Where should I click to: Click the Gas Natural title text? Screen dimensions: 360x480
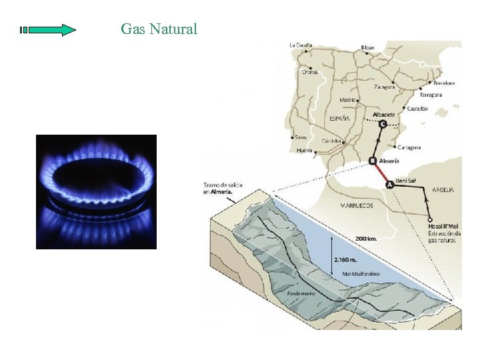[159, 29]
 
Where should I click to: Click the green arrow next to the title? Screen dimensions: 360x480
[48, 30]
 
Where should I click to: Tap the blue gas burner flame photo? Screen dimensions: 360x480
[96, 191]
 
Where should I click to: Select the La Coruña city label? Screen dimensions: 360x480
[300, 45]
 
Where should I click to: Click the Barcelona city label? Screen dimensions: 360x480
[444, 83]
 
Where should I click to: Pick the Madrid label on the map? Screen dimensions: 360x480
[347, 100]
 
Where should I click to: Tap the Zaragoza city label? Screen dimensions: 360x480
[384, 87]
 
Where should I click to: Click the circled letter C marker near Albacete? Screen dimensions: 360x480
[382, 124]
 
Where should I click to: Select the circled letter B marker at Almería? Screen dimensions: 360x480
[373, 160]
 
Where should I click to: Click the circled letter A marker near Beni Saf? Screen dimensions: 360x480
[391, 185]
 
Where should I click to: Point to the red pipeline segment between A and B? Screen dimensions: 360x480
[381, 173]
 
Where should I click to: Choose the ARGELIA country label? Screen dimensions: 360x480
[443, 190]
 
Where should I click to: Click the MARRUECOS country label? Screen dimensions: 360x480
[356, 205]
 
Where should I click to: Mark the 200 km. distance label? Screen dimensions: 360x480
[366, 238]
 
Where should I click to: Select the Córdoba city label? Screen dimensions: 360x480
[331, 141]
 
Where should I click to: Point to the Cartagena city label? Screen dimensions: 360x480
[408, 147]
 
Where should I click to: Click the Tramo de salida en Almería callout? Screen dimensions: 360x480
[219, 188]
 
